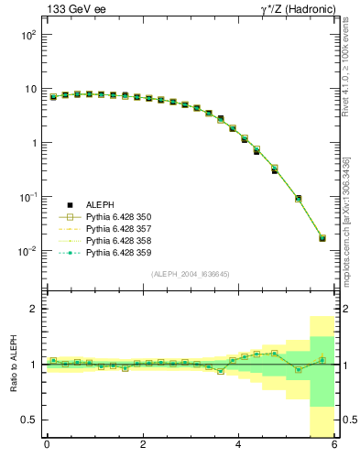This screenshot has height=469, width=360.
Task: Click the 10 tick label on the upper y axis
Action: [28, 90]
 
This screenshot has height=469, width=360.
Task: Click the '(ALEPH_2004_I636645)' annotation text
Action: [190, 273]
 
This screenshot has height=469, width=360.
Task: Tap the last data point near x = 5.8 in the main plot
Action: [322, 238]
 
